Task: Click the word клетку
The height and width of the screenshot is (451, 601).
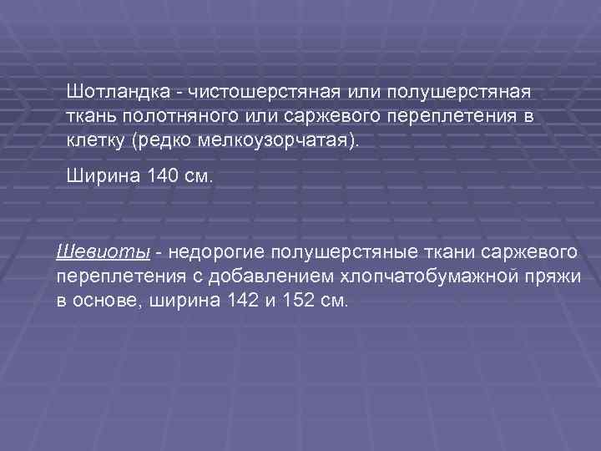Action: [96, 138]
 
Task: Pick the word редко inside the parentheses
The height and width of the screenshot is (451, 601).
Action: [164, 138]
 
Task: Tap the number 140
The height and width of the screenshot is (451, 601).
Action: [161, 176]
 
